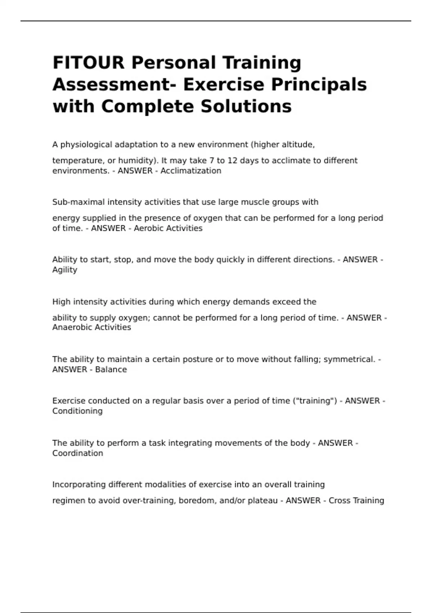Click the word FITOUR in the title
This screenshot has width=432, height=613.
coord(89,62)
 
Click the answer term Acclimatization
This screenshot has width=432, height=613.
coord(191,171)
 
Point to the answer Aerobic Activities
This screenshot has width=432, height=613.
coord(168,228)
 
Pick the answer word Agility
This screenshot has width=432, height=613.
coord(65,270)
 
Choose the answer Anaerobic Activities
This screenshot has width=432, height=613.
coord(91,327)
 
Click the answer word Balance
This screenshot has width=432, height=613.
coord(111,370)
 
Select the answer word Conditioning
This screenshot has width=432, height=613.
coord(77,411)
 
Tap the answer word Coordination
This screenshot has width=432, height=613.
coord(78,453)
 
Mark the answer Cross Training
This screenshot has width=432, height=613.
coord(356,500)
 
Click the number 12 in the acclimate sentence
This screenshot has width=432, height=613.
coord(233,160)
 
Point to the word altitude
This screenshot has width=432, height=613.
coord(299,145)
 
